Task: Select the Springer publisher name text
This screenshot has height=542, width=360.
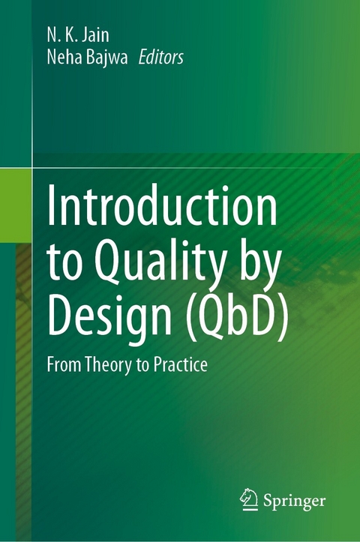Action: click(x=295, y=499)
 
